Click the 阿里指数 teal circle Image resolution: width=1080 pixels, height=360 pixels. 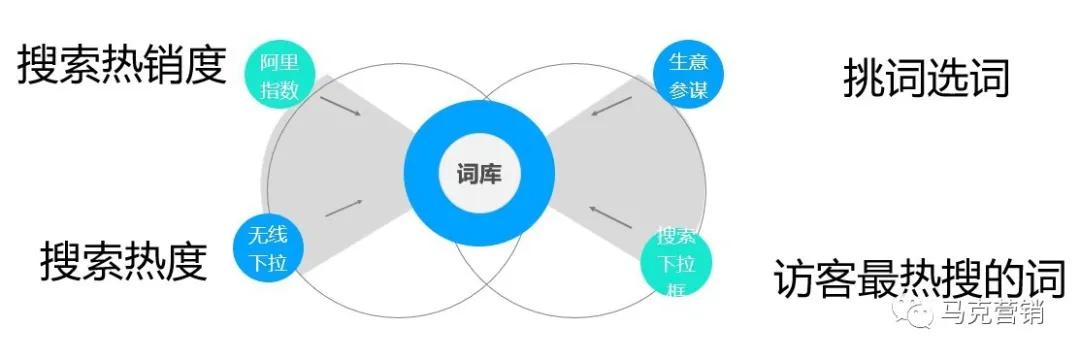pos(279,75)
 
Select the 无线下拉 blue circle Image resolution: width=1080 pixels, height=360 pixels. pos(267,250)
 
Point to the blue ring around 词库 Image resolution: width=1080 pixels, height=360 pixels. pos(479,121)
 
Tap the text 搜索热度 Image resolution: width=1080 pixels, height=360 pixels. pos(123,262)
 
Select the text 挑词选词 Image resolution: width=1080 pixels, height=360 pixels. pos(926,77)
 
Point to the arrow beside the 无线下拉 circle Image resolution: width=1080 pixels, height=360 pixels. pos(343,207)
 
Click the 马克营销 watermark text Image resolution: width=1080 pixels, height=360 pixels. pos(993,313)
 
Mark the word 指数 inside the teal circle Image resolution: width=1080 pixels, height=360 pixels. pos(279,89)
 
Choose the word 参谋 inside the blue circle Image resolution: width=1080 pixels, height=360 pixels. pos(689,91)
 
